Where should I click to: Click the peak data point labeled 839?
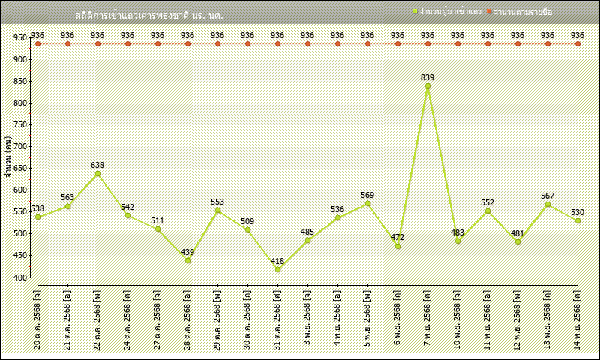tap(427, 86)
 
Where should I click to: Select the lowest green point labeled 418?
tap(277, 269)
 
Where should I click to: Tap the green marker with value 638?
tap(97, 174)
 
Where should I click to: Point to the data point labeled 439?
tap(187, 260)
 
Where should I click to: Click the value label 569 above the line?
tap(367, 195)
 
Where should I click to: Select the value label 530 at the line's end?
tap(577, 213)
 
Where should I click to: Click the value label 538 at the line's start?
tap(37, 208)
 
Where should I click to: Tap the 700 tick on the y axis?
tap(20, 146)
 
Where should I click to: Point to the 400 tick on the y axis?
tap(20, 277)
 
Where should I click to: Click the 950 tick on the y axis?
tap(20, 37)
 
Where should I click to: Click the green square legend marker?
tap(414, 12)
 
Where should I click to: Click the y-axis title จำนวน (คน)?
tap(7, 157)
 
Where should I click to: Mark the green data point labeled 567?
tap(547, 204)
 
